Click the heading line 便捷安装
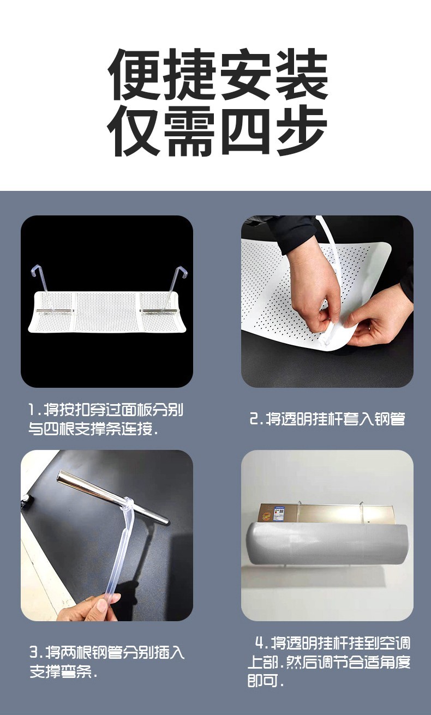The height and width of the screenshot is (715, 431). (218, 74)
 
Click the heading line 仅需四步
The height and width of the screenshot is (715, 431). (217, 131)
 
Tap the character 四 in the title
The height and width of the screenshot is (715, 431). (245, 131)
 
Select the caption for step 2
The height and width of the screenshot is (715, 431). (327, 418)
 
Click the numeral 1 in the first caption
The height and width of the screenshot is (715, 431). (32, 410)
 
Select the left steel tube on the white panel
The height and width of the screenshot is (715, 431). (55, 310)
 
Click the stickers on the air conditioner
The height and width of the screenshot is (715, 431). (277, 513)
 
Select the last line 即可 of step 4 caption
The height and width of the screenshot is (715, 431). (266, 681)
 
